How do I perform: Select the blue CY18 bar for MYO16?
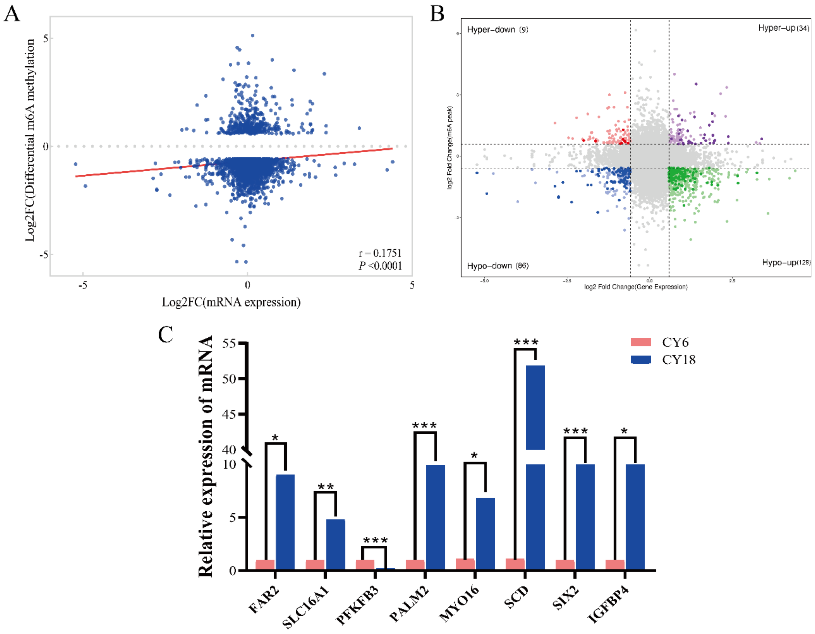pyautogui.click(x=485, y=533)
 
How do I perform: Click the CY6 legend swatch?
pyautogui.click(x=641, y=342)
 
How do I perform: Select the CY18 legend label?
pyautogui.click(x=678, y=360)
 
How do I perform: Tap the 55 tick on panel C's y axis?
pyautogui.click(x=229, y=343)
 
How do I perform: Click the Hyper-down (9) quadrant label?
pyautogui.click(x=497, y=29)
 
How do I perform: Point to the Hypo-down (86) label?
pyautogui.click(x=497, y=266)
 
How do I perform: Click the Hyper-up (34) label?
pyautogui.click(x=783, y=28)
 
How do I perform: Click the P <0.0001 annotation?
pyautogui.click(x=380, y=266)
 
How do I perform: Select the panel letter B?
pyautogui.click(x=437, y=14)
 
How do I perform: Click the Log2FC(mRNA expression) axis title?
pyautogui.click(x=231, y=302)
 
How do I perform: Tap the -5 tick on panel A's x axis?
pyautogui.click(x=83, y=285)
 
